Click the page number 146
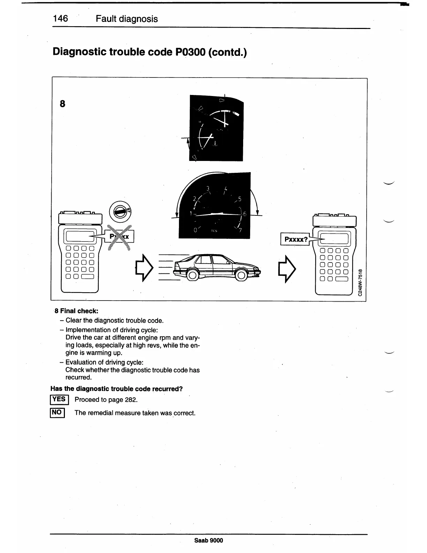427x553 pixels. pyautogui.click(x=60, y=19)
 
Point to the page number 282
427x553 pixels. pyautogui.click(x=126, y=400)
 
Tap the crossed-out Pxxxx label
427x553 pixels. pyautogui.click(x=119, y=237)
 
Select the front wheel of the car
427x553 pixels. pyautogui.click(x=241, y=276)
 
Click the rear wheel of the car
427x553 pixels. pyautogui.click(x=192, y=276)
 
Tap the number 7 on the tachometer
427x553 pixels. pyautogui.click(x=240, y=230)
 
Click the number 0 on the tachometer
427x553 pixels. pyautogui.click(x=196, y=230)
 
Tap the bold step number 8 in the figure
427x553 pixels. pyautogui.click(x=62, y=104)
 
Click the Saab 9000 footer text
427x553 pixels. pyautogui.click(x=208, y=540)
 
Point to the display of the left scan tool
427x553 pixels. pyautogui.click(x=80, y=237)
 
